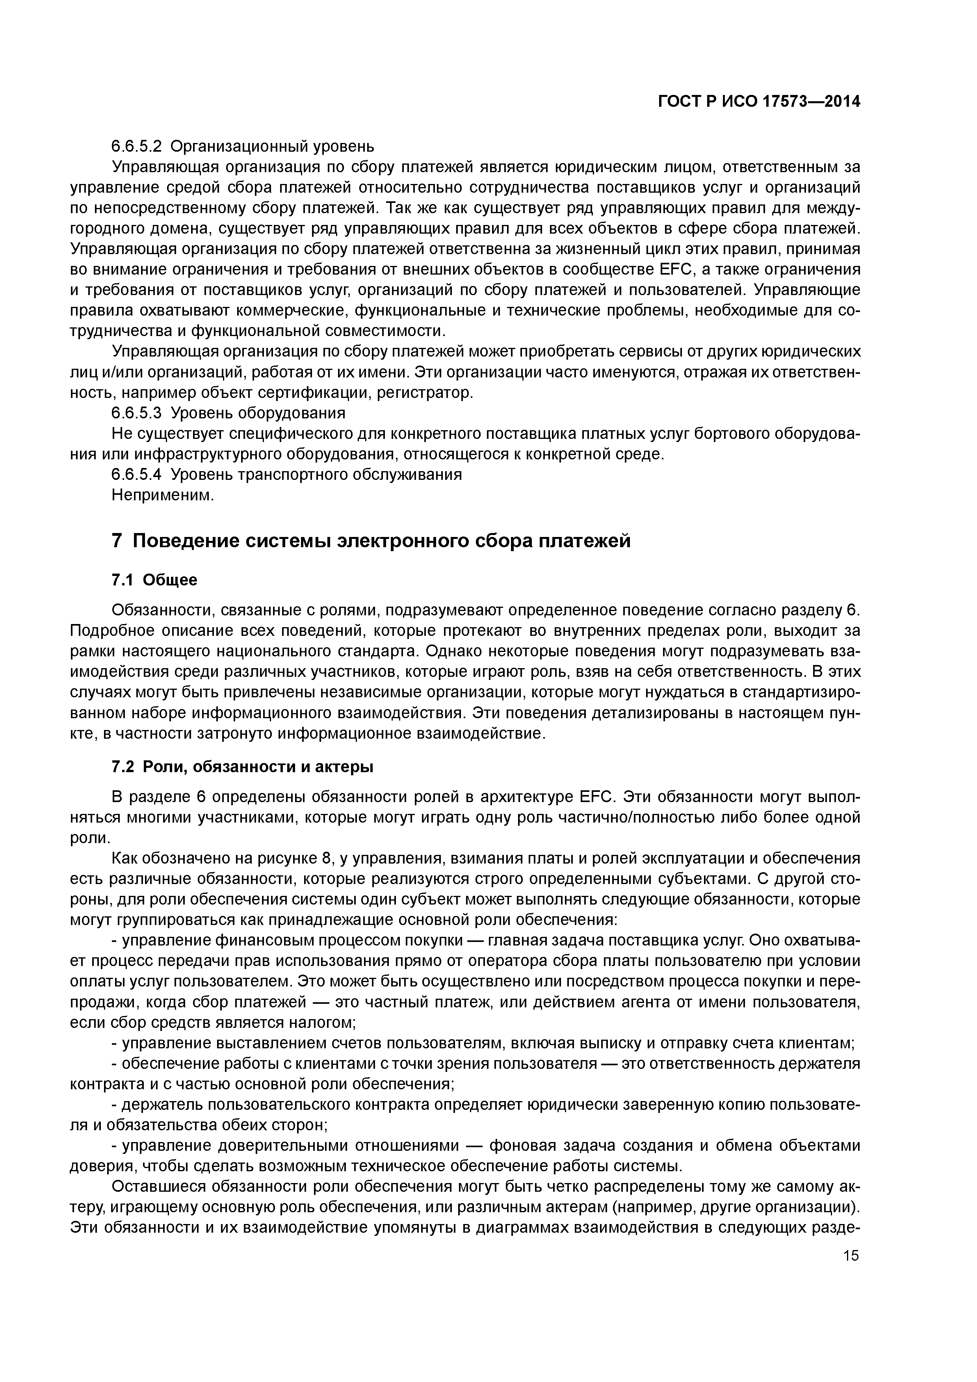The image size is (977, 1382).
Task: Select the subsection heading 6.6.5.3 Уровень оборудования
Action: tap(229, 413)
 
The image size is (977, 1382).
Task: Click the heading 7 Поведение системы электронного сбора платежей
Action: tap(371, 541)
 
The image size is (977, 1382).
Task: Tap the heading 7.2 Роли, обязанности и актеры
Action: tap(243, 767)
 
